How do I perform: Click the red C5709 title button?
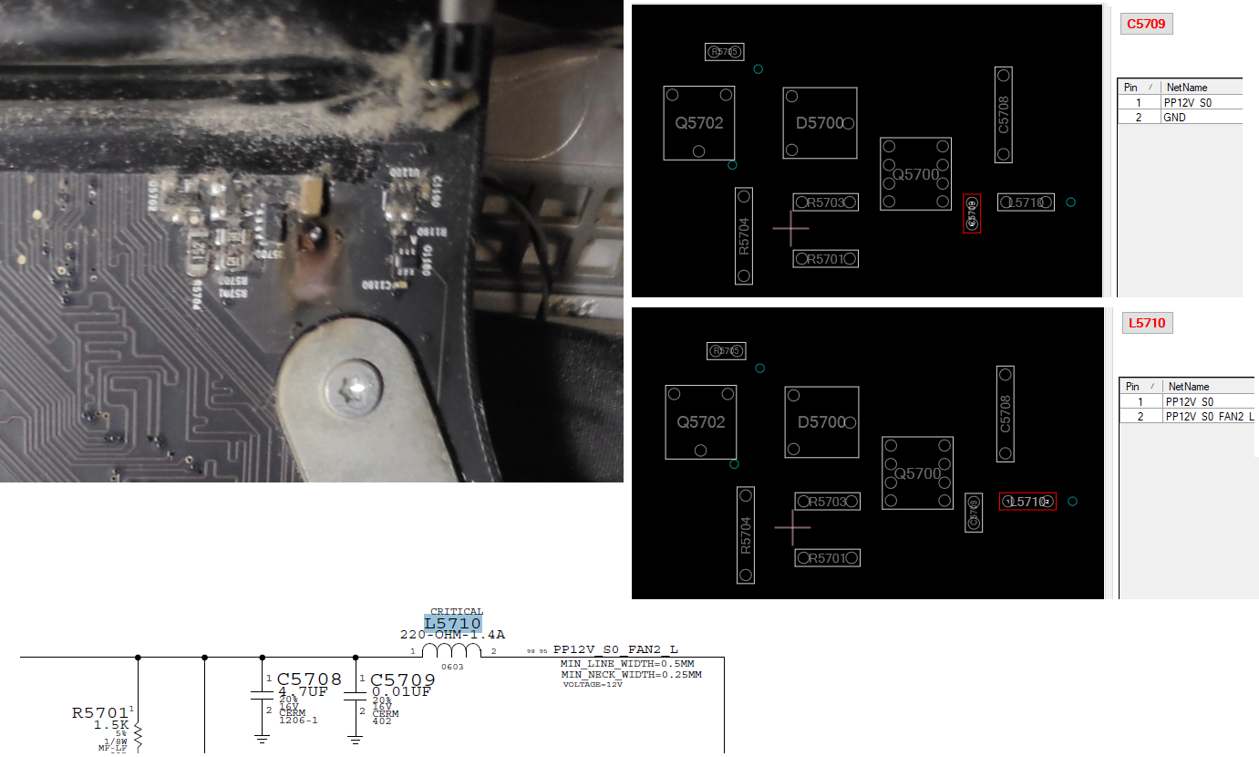[x=1146, y=24]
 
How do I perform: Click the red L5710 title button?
[x=1146, y=323]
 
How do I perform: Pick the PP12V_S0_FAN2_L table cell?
[x=1209, y=416]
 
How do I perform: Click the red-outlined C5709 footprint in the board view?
[x=972, y=213]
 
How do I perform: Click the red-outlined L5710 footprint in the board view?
[x=1027, y=502]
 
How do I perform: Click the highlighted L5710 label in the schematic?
[x=452, y=624]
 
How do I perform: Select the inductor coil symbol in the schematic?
[x=451, y=650]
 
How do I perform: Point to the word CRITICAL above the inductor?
[x=457, y=612]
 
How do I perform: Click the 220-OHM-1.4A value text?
[x=452, y=635]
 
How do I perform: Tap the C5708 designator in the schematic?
[x=309, y=679]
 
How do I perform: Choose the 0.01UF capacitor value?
[x=401, y=692]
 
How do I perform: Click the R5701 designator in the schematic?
[x=100, y=712]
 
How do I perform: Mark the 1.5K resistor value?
[x=111, y=725]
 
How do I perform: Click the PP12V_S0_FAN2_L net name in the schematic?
[x=615, y=650]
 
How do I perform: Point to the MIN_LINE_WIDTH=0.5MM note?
[x=627, y=663]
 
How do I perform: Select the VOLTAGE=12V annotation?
[x=592, y=684]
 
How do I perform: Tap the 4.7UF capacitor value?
[x=303, y=692]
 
